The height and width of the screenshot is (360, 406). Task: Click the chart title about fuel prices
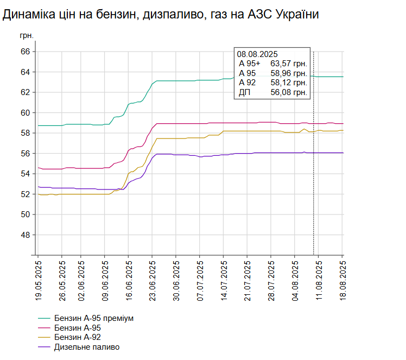(x=161, y=15)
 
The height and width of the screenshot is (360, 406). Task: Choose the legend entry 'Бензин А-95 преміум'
(x=93, y=318)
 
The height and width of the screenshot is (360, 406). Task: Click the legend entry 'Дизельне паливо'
(x=86, y=347)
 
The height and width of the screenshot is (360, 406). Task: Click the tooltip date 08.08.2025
(x=257, y=54)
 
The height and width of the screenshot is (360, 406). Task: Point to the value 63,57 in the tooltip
(x=289, y=64)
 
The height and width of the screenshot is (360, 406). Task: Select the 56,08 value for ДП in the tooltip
(x=289, y=93)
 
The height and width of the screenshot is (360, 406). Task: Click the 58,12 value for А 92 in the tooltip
(x=289, y=83)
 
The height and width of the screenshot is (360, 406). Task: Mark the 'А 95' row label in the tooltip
(x=248, y=73)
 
